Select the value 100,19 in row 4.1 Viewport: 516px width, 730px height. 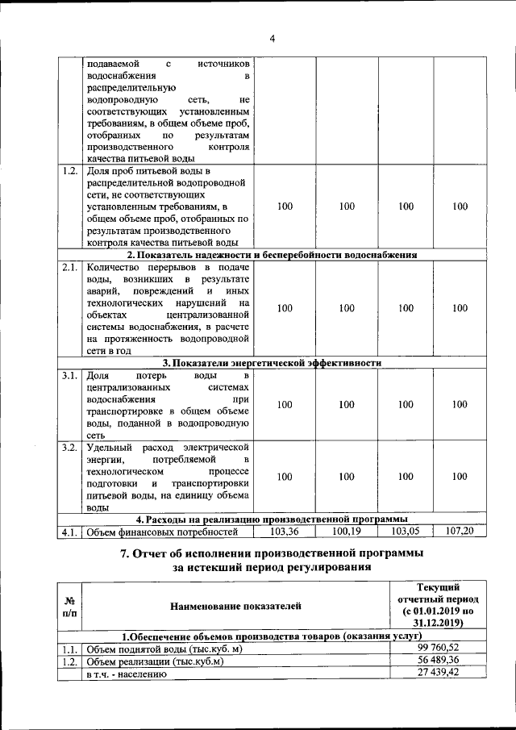(347, 532)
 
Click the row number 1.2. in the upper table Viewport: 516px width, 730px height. (70, 172)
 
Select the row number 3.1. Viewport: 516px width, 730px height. (70, 376)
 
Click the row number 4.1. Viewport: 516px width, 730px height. (70, 532)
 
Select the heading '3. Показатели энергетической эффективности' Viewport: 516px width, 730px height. (272, 363)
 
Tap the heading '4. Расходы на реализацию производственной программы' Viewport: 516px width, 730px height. (272, 519)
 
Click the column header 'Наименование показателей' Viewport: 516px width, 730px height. (235, 604)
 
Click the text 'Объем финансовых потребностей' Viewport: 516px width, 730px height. (162, 532)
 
